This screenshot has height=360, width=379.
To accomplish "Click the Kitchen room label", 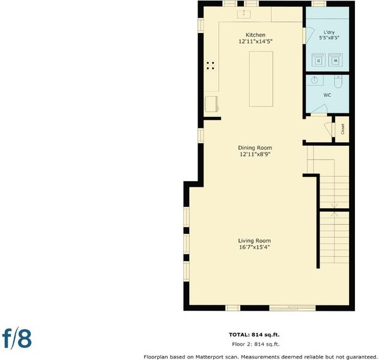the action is click(x=255, y=35).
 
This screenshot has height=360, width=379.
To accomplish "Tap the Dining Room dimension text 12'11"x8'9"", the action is click(x=255, y=154).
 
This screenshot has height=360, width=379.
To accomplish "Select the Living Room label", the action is click(x=255, y=241).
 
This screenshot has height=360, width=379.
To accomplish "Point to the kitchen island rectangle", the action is click(x=261, y=79).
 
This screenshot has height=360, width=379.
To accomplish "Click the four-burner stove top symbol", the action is click(x=210, y=65).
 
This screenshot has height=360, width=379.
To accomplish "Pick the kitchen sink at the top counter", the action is click(x=244, y=14).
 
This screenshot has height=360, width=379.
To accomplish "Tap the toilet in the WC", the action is click(x=338, y=82).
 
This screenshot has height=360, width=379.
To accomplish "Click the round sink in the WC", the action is click(x=314, y=80).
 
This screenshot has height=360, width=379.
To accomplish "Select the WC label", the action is click(x=327, y=95).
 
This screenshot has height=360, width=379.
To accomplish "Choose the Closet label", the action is click(x=342, y=129).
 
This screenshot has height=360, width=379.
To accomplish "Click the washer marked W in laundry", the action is click(x=336, y=60).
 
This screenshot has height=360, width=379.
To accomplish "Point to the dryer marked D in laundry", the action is click(x=318, y=60).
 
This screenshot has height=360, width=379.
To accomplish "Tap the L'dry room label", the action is click(x=329, y=32).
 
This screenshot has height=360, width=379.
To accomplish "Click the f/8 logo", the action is click(x=17, y=338).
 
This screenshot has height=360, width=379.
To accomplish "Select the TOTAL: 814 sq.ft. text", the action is click(x=254, y=335).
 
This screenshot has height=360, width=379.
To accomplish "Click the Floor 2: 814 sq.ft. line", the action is click(x=256, y=344).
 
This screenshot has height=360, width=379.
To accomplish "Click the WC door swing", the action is click(x=319, y=109).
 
